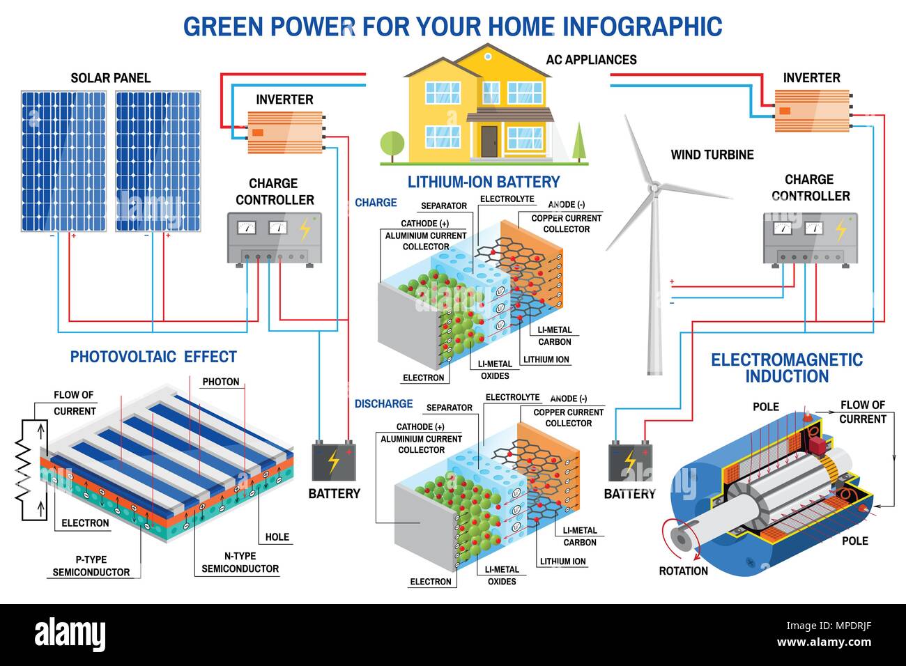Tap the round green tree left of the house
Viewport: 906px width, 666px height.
392,144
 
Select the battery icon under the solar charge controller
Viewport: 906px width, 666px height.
333,460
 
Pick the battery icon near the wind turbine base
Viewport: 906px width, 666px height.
629,460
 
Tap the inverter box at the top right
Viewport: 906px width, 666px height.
812,111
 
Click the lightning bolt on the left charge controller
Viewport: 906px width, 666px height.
305,230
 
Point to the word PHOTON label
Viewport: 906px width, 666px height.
221,382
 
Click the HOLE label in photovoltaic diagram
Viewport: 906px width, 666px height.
277,537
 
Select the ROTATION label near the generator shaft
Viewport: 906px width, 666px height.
683,571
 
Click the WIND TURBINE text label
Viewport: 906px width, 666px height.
712,155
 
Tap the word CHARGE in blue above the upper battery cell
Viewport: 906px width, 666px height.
376,203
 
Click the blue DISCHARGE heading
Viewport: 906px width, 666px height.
383,404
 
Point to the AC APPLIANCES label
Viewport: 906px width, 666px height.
591,60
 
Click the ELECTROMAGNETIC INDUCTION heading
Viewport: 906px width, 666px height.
787,368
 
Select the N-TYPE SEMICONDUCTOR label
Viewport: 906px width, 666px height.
240,562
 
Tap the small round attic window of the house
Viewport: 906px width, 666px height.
488,56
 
